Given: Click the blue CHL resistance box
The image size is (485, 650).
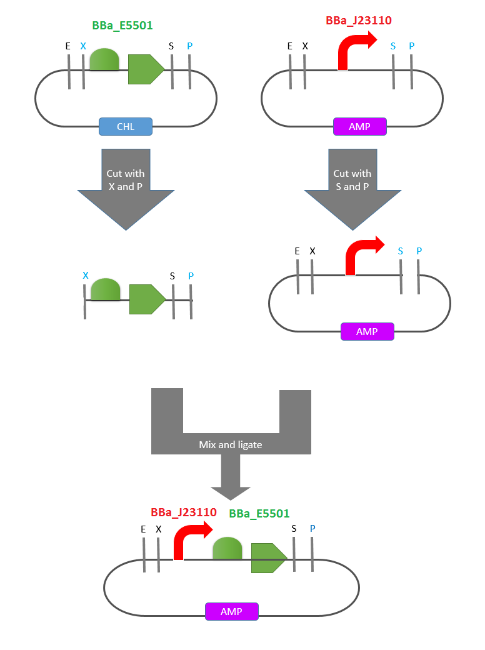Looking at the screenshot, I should pos(126,127).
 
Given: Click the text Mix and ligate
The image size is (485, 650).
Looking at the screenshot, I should pos(231,444).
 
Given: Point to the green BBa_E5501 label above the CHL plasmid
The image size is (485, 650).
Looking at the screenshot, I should pos(122,26).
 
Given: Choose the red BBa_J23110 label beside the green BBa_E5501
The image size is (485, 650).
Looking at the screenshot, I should pos(184,512).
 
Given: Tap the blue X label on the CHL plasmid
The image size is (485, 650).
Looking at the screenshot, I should pos(83,46).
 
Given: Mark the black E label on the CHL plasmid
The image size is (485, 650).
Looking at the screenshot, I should pos(68,46).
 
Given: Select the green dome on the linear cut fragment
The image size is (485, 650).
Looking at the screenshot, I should pos(106,289).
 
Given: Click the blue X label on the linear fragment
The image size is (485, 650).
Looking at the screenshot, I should pos(86,276).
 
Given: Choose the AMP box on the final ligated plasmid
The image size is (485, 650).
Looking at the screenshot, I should pos(231,611).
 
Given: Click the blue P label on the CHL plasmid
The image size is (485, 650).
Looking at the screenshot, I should pos(190,46).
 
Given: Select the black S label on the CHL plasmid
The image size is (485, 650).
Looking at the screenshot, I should pos(172,46).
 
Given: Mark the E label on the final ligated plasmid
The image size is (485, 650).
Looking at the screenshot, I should pos(143,529).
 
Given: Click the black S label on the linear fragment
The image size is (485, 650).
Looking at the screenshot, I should pos(172,276).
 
